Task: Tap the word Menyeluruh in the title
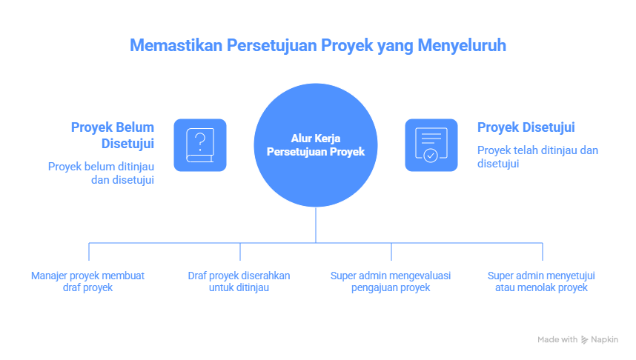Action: pyautogui.click(x=462, y=44)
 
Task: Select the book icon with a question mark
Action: pyautogui.click(x=200, y=144)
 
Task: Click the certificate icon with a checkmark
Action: pyautogui.click(x=431, y=144)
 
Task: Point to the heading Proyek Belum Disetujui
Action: pyautogui.click(x=113, y=135)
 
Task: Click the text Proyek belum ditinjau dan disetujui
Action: pyautogui.click(x=101, y=173)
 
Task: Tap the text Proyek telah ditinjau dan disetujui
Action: pyautogui.click(x=537, y=156)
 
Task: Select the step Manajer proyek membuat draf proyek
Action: pyautogui.click(x=87, y=281)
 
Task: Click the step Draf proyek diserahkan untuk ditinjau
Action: pyautogui.click(x=239, y=281)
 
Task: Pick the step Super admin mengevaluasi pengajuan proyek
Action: pyautogui.click(x=391, y=281)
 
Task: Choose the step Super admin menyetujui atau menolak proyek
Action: pyautogui.click(x=541, y=281)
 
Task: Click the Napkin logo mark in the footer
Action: pyautogui.click(x=585, y=339)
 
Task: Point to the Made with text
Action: pyautogui.click(x=557, y=339)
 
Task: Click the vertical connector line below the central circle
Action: pyautogui.click(x=317, y=226)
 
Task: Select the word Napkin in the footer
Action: pyautogui.click(x=605, y=339)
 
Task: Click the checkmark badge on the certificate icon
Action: pyautogui.click(x=431, y=156)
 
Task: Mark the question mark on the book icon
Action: pyautogui.click(x=199, y=140)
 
